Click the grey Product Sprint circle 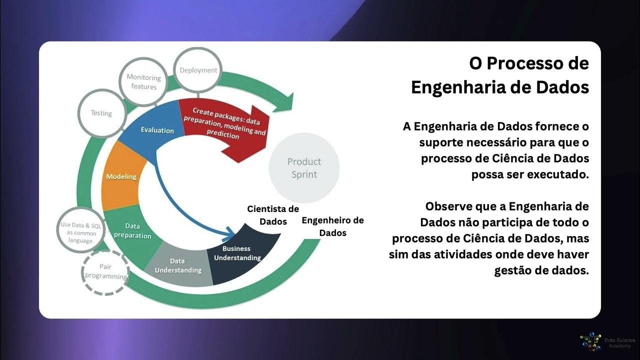(304, 167)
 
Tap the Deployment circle (198, 70)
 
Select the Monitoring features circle (144, 82)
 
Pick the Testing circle (101, 113)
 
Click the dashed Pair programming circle (105, 271)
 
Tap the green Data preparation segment (132, 231)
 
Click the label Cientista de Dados (273, 215)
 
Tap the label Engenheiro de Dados (332, 226)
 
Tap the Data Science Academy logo (590, 342)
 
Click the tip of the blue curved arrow (234, 233)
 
